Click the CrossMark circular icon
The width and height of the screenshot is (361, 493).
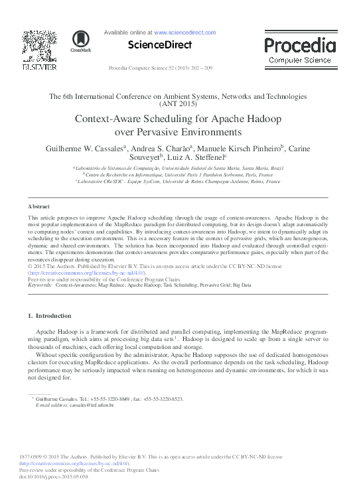point(80,40)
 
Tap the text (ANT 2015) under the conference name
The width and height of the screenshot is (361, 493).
point(179,104)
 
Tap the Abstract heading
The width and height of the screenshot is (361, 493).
point(38,206)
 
